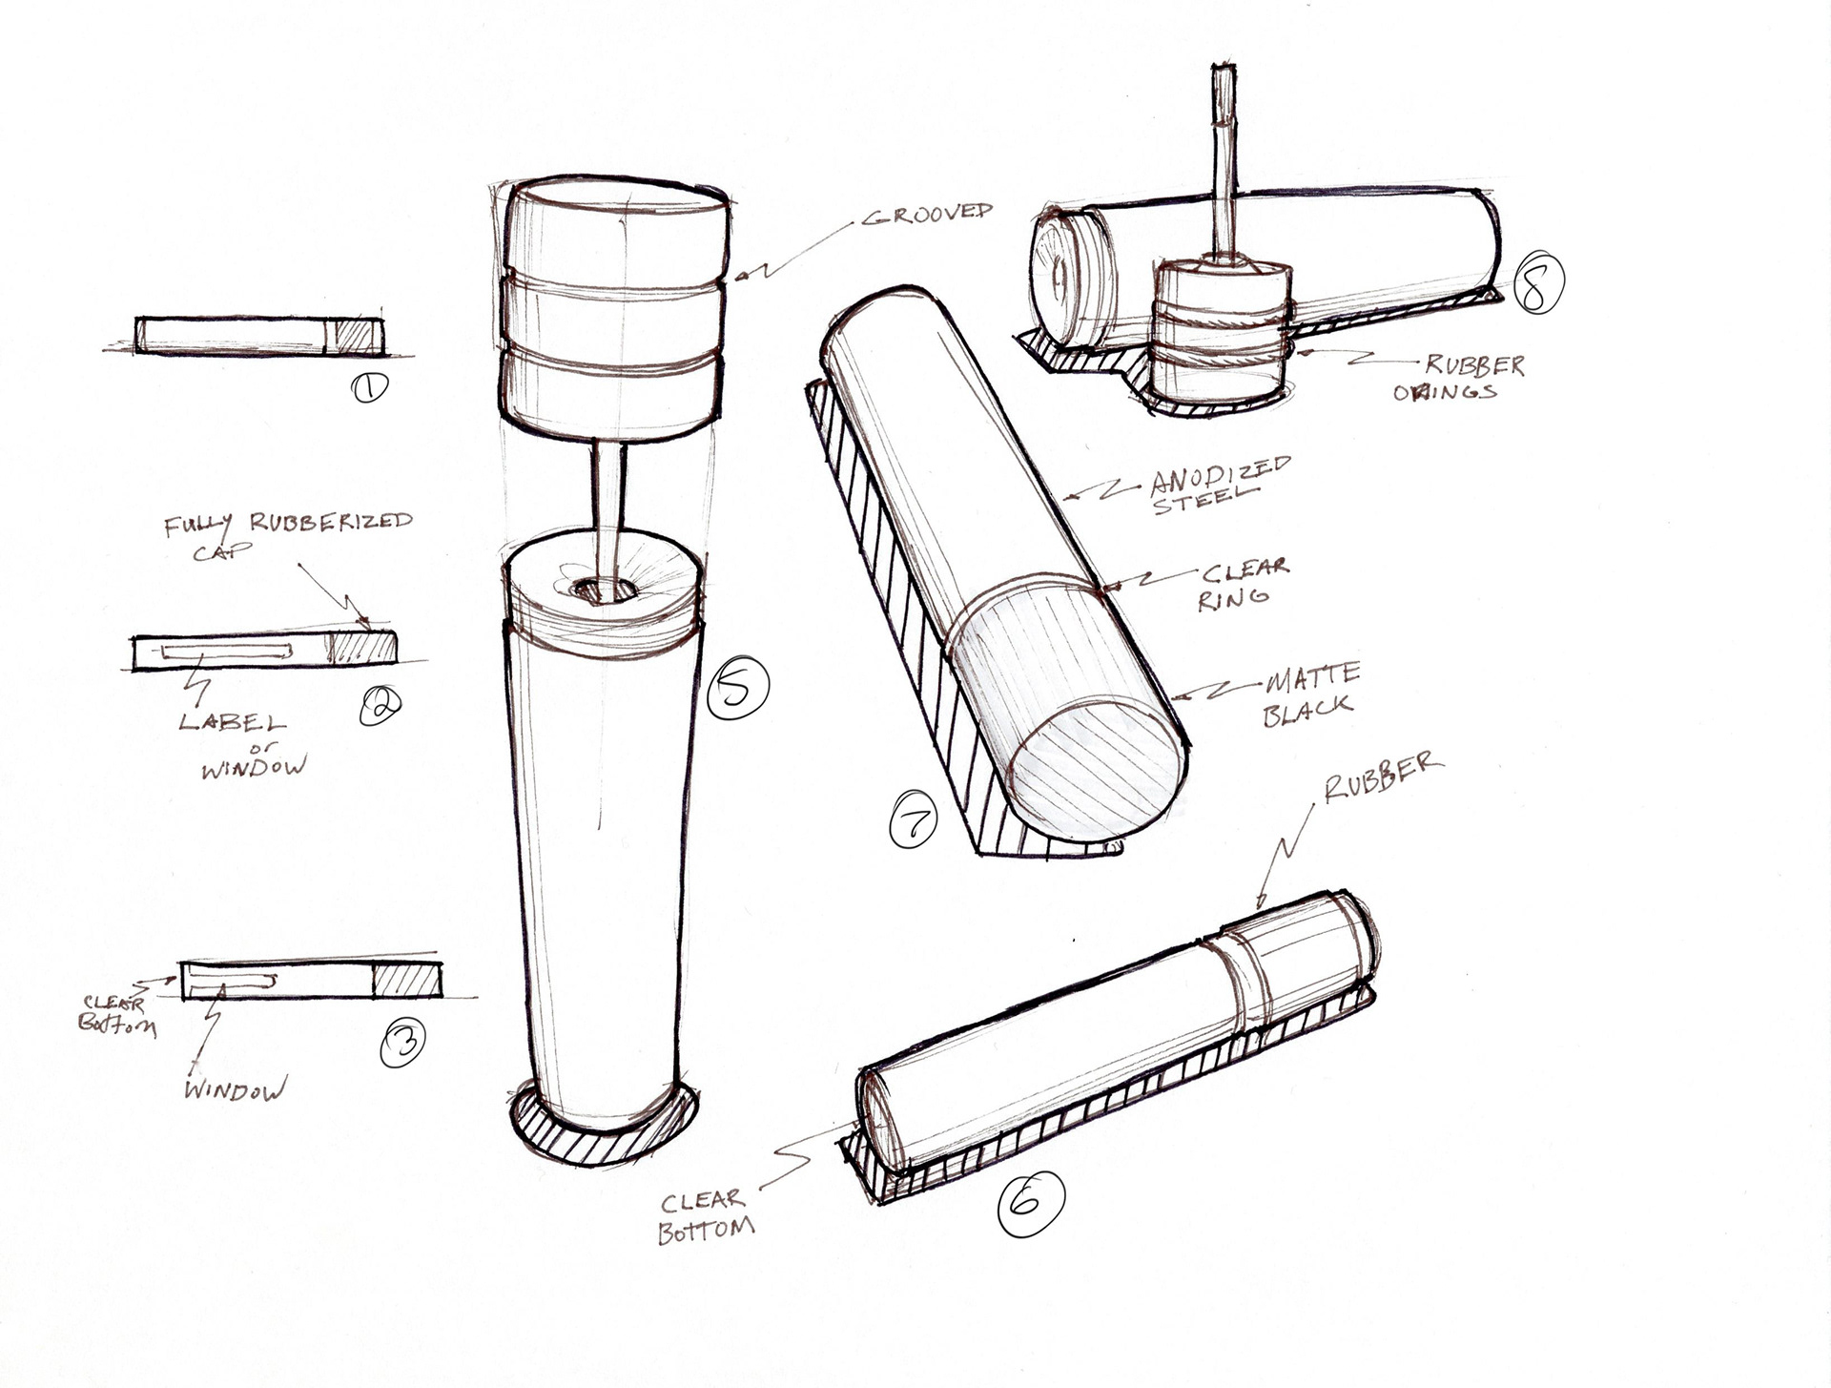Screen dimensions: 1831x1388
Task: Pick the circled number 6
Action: [1030, 1203]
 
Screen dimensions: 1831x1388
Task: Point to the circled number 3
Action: [401, 1044]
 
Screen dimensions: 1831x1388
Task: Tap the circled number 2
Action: [381, 706]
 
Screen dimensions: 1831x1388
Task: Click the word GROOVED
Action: [928, 214]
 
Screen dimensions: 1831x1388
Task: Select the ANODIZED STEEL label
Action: [1220, 485]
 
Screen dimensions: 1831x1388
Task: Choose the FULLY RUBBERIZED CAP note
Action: [287, 534]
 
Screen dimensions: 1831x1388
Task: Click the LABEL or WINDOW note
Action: [242, 745]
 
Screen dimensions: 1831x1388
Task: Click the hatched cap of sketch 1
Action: [355, 336]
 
